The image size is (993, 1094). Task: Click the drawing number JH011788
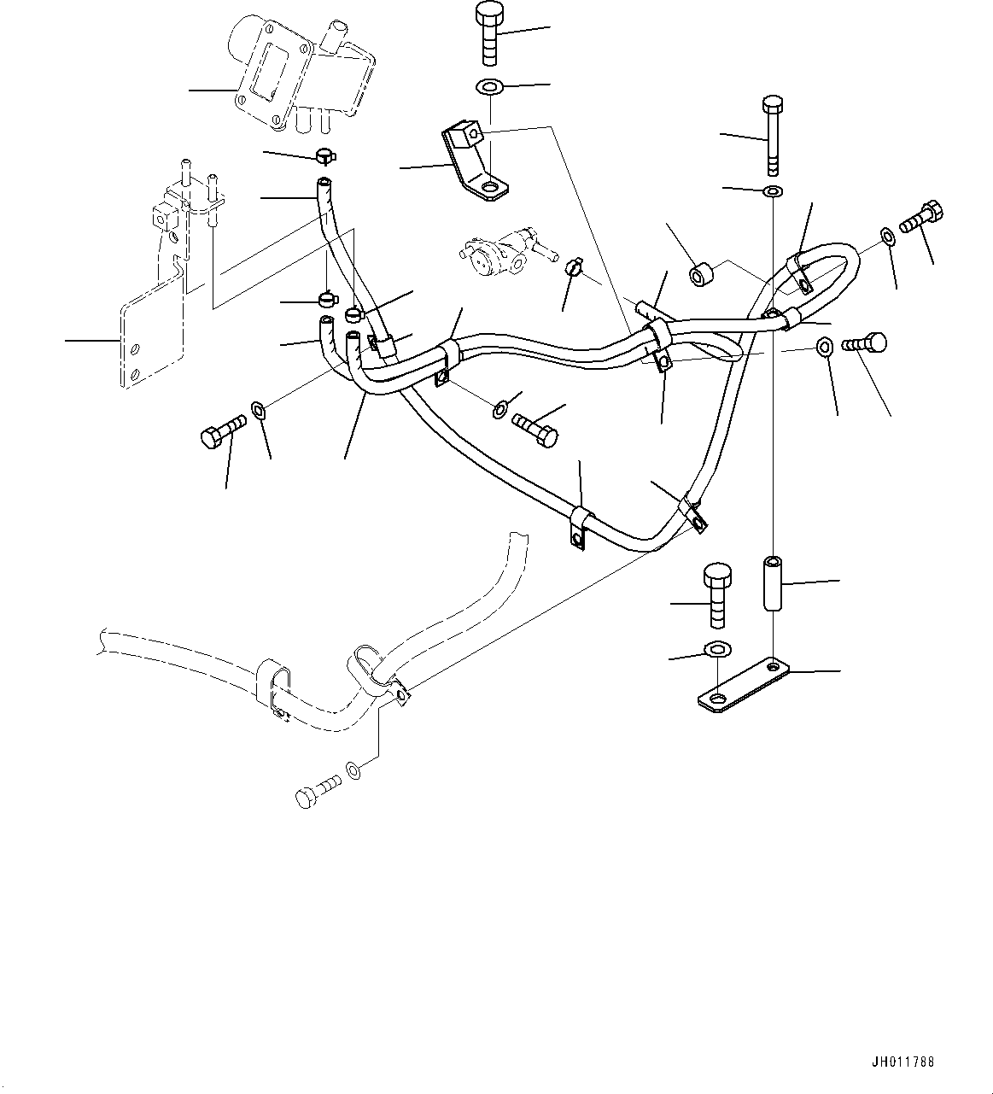[x=902, y=1062]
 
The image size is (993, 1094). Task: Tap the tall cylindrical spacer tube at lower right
[x=772, y=584]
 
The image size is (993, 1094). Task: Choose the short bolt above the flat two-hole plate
[x=716, y=595]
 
